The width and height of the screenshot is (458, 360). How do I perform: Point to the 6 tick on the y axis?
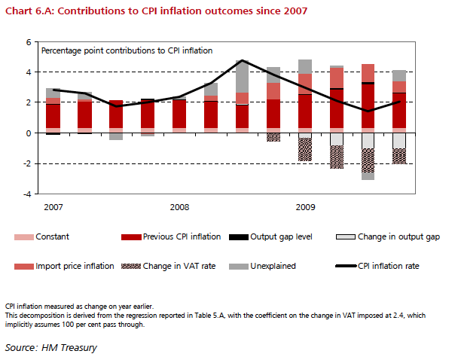29,42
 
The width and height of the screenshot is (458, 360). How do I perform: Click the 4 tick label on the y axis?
29,72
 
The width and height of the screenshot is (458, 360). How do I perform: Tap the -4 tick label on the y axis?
28,194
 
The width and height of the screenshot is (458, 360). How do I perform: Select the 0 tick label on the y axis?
29,133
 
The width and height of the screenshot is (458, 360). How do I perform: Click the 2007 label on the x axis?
52,206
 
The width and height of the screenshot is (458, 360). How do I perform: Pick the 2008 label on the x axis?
179,206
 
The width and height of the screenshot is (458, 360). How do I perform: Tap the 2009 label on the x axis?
305,206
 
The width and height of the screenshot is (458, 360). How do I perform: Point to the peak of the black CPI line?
242,60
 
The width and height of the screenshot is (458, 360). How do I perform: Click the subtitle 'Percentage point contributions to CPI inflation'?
127,50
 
